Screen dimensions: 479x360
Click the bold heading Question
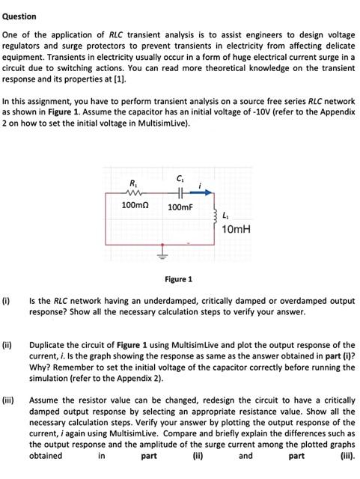19,16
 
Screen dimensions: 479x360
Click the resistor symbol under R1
134,192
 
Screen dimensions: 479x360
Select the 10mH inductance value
237,228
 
